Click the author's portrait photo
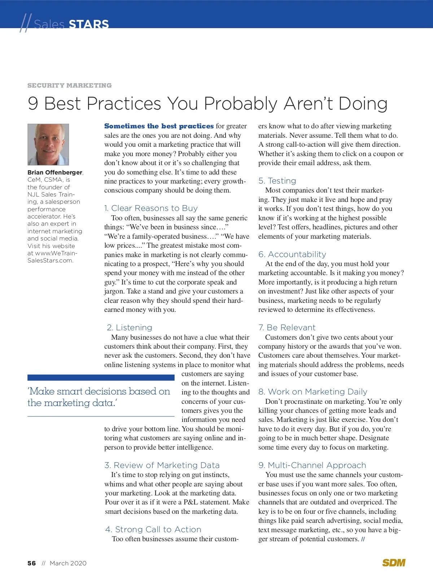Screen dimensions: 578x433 click(48, 145)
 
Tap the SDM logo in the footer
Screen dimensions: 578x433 click(394, 563)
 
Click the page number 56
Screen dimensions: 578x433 click(32, 563)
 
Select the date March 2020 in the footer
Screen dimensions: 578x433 click(68, 563)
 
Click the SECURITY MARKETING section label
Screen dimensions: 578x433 click(70, 85)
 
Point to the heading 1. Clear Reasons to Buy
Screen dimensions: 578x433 click(151, 208)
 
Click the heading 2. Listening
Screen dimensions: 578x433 click(130, 327)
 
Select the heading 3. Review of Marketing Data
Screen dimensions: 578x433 click(162, 465)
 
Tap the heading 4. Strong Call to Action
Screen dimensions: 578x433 click(153, 529)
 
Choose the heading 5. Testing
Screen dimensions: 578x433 click(277, 181)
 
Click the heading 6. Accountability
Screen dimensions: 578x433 click(292, 254)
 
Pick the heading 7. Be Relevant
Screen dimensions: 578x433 click(287, 327)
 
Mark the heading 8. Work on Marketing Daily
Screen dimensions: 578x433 click(313, 392)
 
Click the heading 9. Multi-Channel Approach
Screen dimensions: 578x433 click(312, 465)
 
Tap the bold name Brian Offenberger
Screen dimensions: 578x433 click(55, 172)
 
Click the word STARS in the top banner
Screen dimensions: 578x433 click(89, 24)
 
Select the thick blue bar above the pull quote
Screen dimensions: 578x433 click(101, 378)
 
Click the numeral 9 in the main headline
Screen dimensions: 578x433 click(33, 103)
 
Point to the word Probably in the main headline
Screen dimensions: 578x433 click(240, 103)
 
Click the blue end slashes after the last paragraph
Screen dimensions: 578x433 click(363, 539)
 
